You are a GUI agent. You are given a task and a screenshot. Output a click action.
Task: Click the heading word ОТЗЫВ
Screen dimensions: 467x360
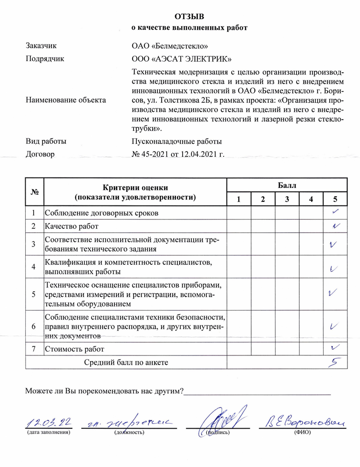[189, 17]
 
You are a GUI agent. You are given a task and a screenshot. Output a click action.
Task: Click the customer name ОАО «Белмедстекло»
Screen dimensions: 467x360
[170, 46]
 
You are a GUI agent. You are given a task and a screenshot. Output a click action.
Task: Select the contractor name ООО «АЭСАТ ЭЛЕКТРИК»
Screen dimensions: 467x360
[182, 59]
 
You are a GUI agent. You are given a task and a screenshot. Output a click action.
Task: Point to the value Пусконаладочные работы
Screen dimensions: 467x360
[177, 141]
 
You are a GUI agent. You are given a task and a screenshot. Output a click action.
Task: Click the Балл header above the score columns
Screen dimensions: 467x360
[287, 185]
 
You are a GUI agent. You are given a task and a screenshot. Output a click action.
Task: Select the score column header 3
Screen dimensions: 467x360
[287, 199]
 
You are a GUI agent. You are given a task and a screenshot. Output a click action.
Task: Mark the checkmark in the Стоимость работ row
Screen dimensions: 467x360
[334, 347]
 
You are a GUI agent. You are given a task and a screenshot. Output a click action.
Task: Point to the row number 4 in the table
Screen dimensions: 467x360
[34, 267]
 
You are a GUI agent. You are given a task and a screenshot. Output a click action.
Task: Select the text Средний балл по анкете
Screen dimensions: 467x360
[126, 362]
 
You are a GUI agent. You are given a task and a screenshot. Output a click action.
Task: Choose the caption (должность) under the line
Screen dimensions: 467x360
[129, 432]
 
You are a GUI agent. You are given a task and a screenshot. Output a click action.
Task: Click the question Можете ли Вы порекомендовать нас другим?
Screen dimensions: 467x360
[104, 391]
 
